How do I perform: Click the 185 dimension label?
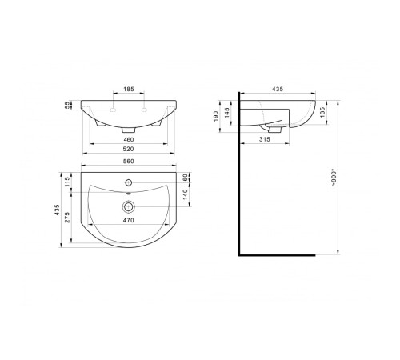coord(129,89)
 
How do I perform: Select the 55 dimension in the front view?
coord(67,105)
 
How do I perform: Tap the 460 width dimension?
coord(128,139)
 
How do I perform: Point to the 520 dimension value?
coord(128,149)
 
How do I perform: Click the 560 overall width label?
coord(129,162)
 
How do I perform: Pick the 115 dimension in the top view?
coord(67,182)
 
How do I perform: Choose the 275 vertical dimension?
coord(67,218)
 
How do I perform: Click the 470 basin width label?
coord(129,220)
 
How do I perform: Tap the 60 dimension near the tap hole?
coord(186,178)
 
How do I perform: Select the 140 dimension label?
coord(186,194)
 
